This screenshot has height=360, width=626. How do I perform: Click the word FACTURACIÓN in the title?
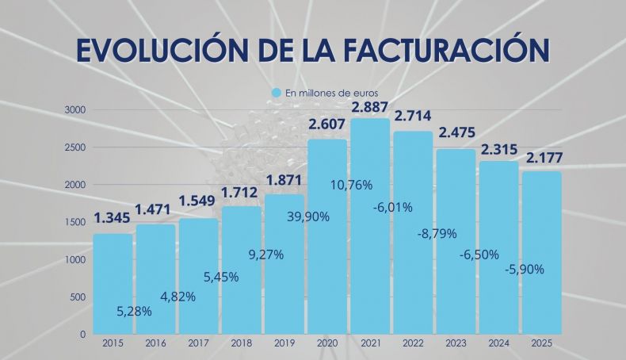448,48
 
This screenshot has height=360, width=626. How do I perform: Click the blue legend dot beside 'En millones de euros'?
277,93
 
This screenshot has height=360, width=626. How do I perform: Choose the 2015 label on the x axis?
113,343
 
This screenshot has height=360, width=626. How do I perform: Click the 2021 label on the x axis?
369,343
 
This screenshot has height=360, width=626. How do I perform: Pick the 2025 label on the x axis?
541,343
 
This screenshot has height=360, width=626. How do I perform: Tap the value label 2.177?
541,159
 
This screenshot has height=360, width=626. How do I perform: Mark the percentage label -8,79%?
435,234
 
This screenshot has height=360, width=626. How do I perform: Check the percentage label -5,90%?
524,269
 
